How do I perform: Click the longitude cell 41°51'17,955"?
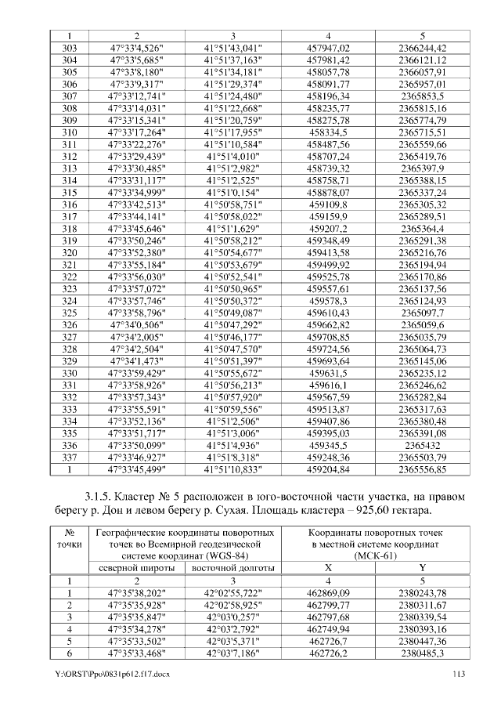click(x=232, y=132)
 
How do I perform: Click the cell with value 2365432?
click(x=422, y=445)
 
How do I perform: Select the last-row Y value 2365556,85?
click(x=422, y=469)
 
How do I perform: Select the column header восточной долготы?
click(x=232, y=568)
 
